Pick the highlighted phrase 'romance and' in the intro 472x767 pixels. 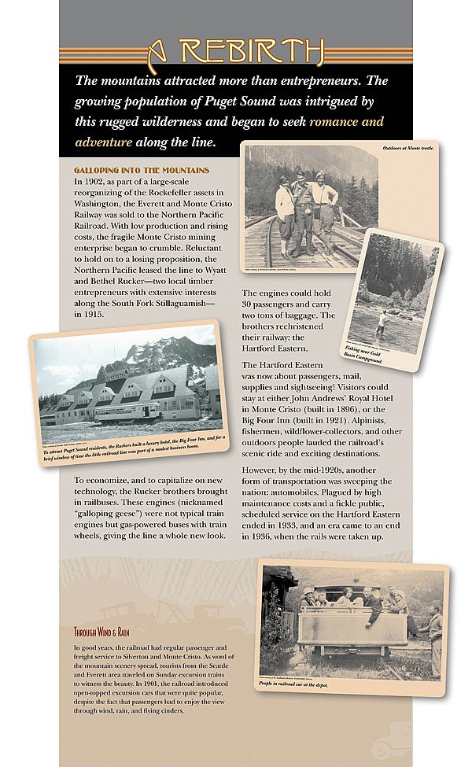[347, 122]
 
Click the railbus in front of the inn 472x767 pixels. [128, 410]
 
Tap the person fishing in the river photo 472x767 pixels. [382, 321]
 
